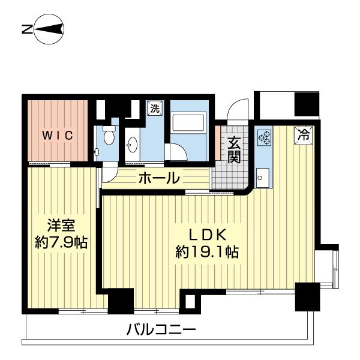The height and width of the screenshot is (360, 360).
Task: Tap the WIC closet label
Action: click(58, 135)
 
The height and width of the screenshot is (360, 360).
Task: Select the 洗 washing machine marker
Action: click(155, 109)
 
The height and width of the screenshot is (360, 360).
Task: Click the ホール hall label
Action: click(159, 178)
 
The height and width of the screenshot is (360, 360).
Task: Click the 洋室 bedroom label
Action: click(60, 226)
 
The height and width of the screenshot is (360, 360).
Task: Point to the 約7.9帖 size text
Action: click(61, 243)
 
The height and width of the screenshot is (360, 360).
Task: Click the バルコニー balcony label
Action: click(161, 329)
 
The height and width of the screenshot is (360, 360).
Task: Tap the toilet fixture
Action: click(108, 137)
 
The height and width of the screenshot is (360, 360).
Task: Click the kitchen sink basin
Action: click(263, 176)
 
